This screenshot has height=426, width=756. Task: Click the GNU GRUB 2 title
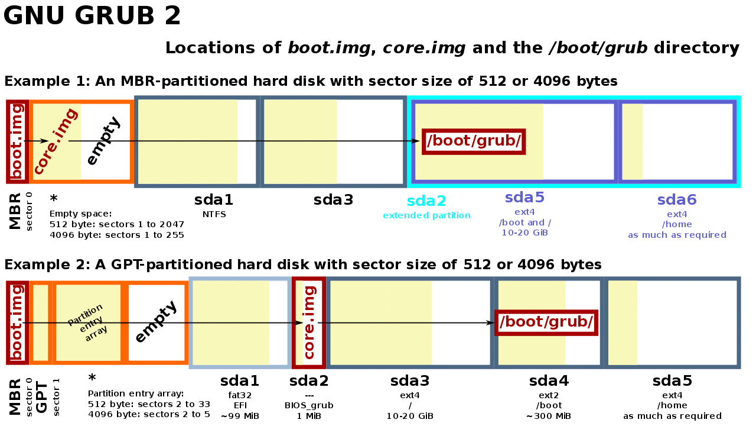tap(92, 16)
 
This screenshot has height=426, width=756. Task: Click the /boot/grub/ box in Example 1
tap(473, 141)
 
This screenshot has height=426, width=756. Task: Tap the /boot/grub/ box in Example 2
tap(546, 322)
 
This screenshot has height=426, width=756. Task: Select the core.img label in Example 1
tap(56, 141)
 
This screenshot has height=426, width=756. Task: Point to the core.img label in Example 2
tap(309, 322)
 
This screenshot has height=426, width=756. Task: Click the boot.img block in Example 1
tap(17, 141)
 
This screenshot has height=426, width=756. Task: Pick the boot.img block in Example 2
tap(17, 322)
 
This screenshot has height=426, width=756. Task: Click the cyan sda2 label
tap(426, 201)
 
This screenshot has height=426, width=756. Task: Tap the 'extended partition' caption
tap(426, 215)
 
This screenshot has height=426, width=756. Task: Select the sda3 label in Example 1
tap(333, 200)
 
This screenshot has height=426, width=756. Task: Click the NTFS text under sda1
tap(214, 214)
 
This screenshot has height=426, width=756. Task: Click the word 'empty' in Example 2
tap(156, 321)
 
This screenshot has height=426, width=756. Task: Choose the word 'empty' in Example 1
tap(103, 141)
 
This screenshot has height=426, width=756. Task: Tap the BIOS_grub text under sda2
tap(309, 405)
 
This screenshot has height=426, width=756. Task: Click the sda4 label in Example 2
tap(549, 381)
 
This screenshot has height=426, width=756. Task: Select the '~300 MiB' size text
tap(549, 416)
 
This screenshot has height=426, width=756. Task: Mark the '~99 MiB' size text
tap(240, 416)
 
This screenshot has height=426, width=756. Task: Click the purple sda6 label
tap(677, 200)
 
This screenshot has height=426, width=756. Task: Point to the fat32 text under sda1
tap(240, 395)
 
